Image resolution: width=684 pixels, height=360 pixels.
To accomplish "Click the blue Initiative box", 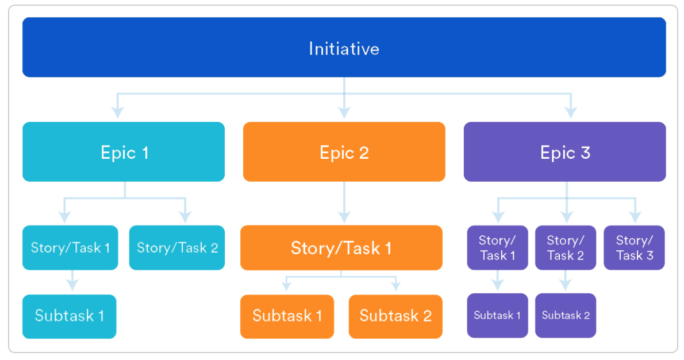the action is tap(344, 47).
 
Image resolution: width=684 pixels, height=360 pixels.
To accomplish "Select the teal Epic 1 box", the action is tap(124, 152).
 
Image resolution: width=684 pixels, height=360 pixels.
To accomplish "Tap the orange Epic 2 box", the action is tap(344, 152).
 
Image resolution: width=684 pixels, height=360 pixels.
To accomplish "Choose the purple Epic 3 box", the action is tap(565, 152).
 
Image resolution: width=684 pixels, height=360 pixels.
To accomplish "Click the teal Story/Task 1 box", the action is tap(70, 247).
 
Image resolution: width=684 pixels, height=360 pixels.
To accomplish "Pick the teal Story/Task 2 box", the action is tap(177, 247).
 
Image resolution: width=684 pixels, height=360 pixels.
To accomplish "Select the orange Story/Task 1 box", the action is tap(341, 247).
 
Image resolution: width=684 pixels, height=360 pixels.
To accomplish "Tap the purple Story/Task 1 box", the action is tap(497, 247).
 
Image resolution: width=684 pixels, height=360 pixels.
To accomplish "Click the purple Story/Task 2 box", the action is tap(566, 247).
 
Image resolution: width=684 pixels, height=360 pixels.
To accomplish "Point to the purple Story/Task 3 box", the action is tap(634, 247).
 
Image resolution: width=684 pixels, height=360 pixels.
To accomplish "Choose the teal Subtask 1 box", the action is tap(70, 316).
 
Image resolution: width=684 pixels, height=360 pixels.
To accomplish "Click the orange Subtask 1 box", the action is tap(287, 316).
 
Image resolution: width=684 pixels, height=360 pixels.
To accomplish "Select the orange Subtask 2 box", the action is tap(395, 316).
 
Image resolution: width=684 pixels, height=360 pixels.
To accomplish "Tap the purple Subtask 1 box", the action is tap(497, 315).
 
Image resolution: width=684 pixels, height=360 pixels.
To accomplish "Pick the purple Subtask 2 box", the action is tap(566, 315).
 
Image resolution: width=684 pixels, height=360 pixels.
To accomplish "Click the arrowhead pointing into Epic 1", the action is tap(117, 113).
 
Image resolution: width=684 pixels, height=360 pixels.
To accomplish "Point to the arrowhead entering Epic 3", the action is tap(571, 113).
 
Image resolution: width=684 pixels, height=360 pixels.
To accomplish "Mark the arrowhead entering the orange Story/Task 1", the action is tap(344, 217).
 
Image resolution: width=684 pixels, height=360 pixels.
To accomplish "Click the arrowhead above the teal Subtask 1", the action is tap(72, 285).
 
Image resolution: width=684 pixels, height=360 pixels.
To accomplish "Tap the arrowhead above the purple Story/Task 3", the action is tap(635, 217).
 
